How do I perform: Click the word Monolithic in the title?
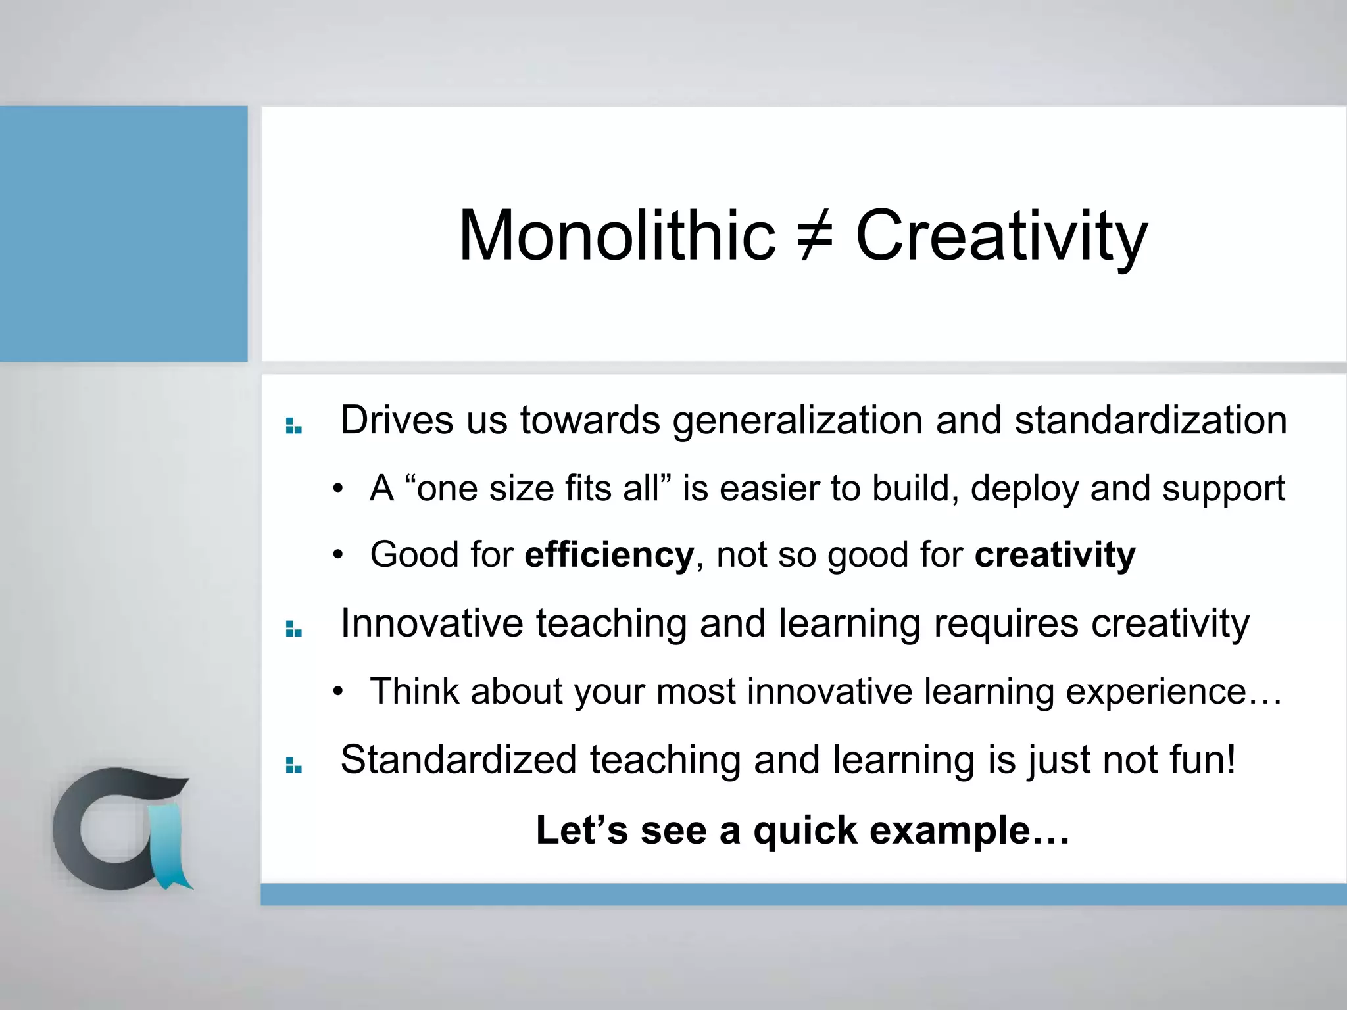click(617, 235)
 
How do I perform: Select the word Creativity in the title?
click(1001, 235)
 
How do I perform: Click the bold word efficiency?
click(609, 554)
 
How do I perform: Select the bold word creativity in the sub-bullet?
click(1055, 554)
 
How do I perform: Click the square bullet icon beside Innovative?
click(293, 629)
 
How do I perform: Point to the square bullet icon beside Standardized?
click(293, 765)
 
